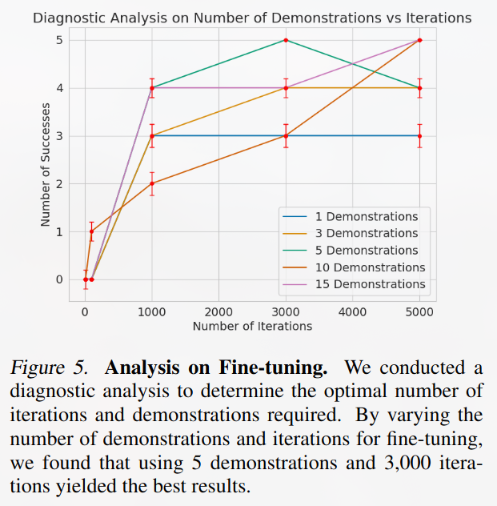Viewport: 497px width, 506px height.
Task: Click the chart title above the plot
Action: click(x=252, y=17)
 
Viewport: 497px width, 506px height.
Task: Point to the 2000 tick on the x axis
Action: click(x=218, y=311)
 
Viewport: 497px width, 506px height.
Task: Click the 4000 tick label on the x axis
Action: click(x=352, y=311)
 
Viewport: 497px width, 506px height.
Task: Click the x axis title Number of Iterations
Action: click(x=252, y=326)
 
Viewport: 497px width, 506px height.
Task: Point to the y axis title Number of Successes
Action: click(x=46, y=159)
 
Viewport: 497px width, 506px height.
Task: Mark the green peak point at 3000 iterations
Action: click(x=286, y=40)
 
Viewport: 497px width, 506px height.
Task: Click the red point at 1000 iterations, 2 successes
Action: click(x=152, y=183)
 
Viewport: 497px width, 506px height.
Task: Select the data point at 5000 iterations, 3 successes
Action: click(x=420, y=136)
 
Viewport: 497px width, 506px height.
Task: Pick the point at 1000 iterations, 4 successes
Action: click(x=152, y=88)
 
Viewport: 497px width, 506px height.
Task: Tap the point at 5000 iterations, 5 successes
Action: click(x=420, y=40)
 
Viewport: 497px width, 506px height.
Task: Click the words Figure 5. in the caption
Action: click(x=52, y=369)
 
